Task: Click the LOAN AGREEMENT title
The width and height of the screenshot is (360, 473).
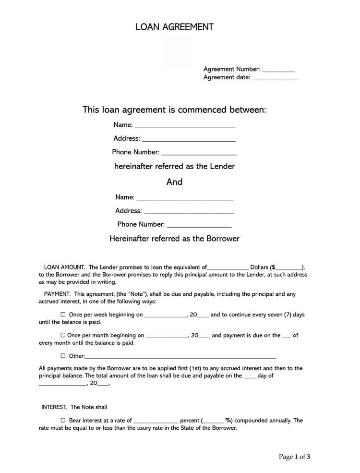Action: click(174, 27)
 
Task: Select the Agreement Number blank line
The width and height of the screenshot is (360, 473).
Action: click(278, 70)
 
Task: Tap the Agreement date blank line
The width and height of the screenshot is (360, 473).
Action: click(275, 78)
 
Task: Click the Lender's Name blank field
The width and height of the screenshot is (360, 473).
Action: click(185, 126)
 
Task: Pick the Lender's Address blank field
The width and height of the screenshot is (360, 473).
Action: click(189, 139)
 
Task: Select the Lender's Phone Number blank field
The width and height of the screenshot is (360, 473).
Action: click(199, 153)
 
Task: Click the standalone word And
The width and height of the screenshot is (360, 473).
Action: click(174, 182)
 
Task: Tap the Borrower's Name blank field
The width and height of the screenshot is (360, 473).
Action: click(185, 198)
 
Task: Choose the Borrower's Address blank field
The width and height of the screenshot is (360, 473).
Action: click(189, 211)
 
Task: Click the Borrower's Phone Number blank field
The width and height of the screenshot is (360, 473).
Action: click(199, 225)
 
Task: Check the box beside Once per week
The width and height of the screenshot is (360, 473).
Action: click(63, 315)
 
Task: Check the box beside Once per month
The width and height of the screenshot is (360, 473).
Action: click(63, 335)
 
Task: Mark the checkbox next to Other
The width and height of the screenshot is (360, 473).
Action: click(63, 356)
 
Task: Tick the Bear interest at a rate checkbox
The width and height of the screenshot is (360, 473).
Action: click(63, 420)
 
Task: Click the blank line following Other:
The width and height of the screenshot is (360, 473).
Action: click(180, 357)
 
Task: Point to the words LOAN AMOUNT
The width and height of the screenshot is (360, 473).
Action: click(64, 267)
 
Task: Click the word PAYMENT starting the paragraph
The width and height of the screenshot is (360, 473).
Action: click(57, 294)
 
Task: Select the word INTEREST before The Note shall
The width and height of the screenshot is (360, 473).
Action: click(54, 407)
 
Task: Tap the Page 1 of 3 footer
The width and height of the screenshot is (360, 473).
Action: click(294, 457)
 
